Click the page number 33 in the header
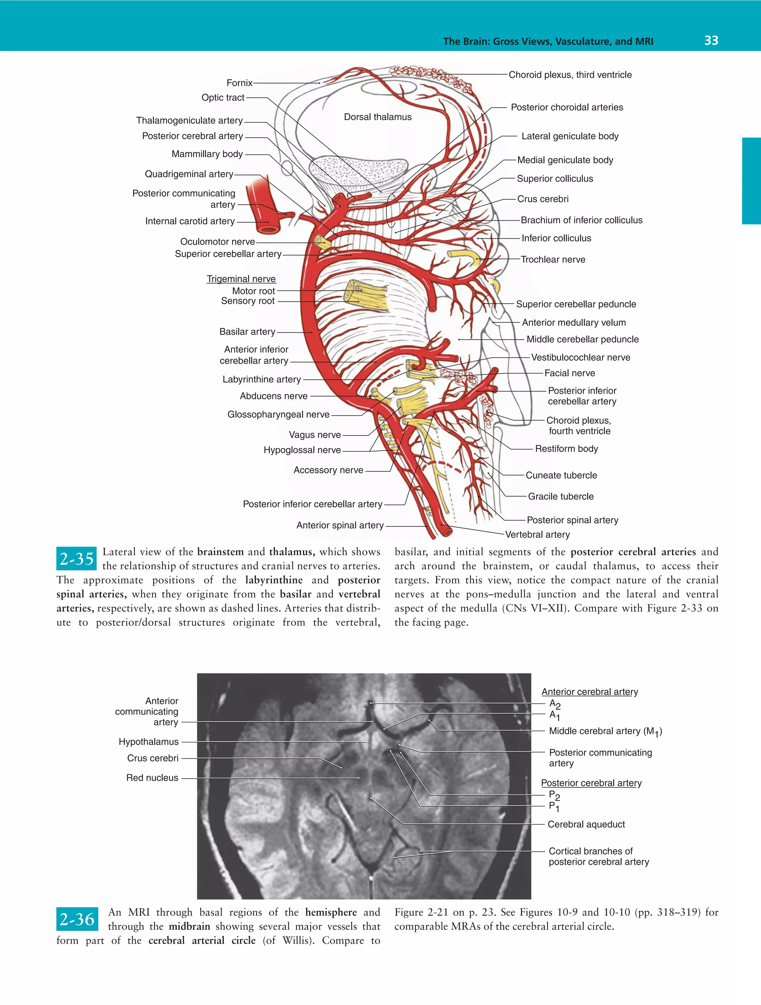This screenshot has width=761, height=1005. (x=711, y=41)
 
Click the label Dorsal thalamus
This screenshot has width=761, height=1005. (x=378, y=117)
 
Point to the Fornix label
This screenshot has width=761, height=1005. (x=239, y=83)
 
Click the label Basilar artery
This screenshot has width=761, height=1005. (x=247, y=332)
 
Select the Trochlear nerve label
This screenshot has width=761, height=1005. (x=553, y=260)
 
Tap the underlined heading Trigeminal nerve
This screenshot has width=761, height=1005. (x=241, y=278)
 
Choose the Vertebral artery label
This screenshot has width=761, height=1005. (x=538, y=534)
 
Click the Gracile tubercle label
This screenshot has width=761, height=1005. (x=561, y=496)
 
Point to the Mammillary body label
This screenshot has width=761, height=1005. (x=207, y=154)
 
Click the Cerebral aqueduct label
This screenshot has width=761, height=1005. (x=586, y=824)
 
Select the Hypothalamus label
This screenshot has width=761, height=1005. (x=149, y=741)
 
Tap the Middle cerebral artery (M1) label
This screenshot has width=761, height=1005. (x=606, y=731)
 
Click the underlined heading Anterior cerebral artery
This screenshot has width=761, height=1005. (x=590, y=692)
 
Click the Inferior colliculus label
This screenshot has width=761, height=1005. (x=556, y=238)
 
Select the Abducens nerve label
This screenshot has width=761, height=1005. (x=274, y=396)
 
